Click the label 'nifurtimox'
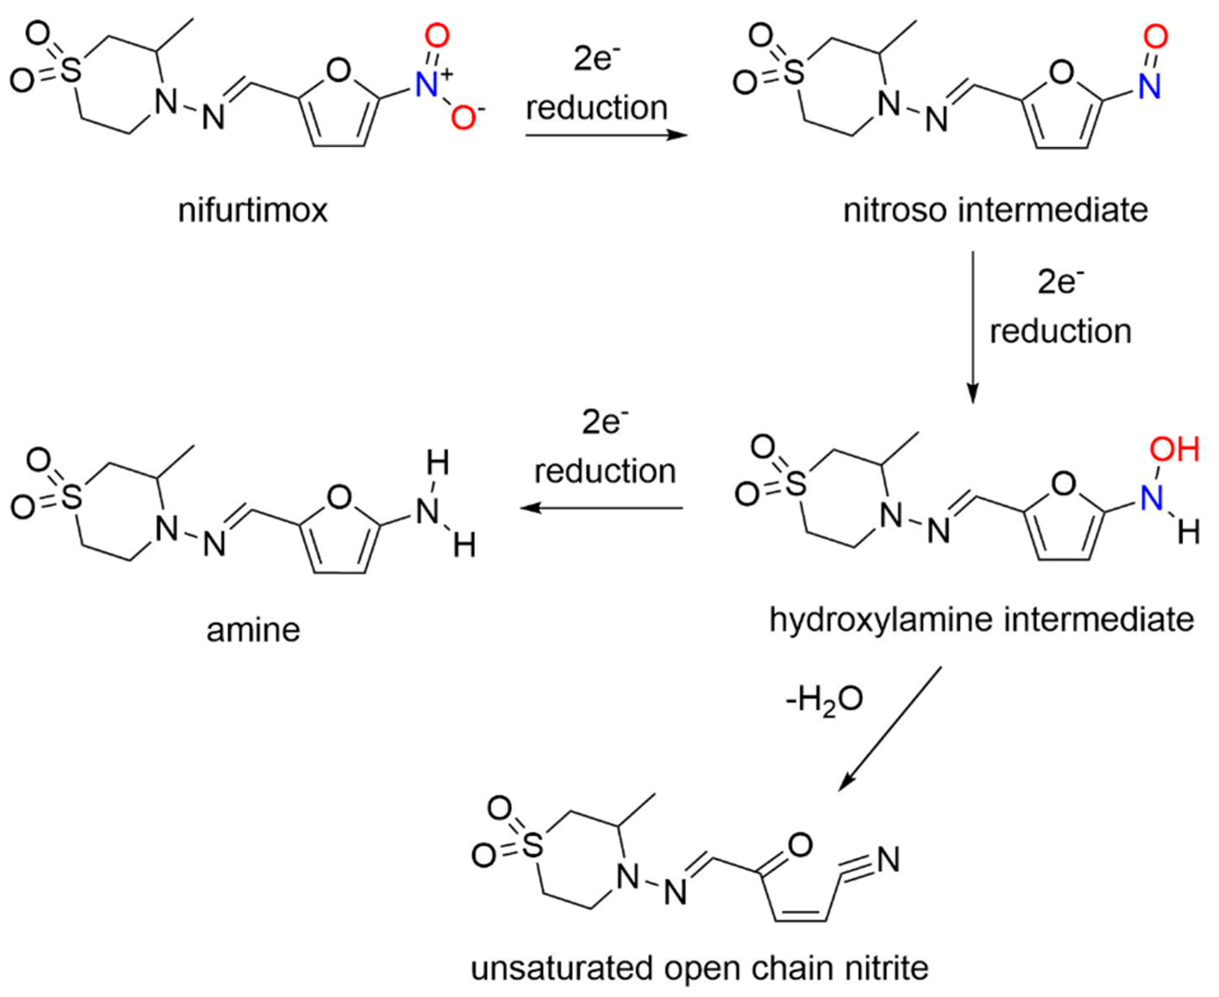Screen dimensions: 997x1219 (x=253, y=211)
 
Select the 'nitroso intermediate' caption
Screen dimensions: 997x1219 (x=995, y=210)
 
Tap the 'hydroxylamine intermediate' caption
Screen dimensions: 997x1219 (x=982, y=620)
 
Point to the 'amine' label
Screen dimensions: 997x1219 (x=253, y=630)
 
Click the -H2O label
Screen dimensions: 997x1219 (x=824, y=700)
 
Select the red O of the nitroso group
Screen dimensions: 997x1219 (x=1155, y=38)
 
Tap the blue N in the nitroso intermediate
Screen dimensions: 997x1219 (x=1150, y=86)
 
